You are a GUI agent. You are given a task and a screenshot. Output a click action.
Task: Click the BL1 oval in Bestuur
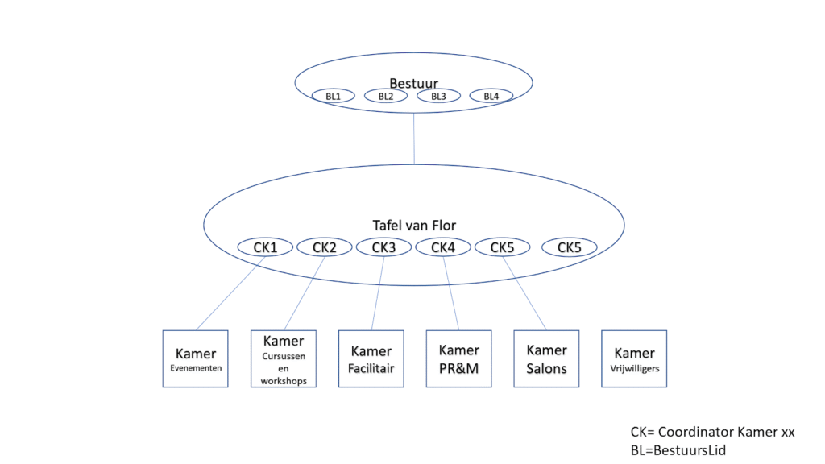[333, 96]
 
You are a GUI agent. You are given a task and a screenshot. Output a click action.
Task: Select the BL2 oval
[386, 96]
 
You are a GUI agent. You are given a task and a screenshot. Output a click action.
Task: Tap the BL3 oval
[438, 96]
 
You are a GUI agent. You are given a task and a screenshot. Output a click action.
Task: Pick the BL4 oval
[491, 96]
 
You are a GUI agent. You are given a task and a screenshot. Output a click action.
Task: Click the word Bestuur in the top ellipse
[413, 83]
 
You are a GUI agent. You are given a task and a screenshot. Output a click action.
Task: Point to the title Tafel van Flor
[413, 225]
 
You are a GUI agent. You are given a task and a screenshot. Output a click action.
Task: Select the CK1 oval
[265, 247]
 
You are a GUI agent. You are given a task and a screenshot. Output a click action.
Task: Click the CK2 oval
[324, 247]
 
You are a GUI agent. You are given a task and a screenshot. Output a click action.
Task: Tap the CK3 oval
[383, 247]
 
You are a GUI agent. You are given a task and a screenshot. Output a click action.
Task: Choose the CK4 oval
[443, 247]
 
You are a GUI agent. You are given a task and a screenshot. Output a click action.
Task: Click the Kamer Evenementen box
[195, 358]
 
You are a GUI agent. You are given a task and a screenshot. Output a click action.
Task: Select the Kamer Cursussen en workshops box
[283, 358]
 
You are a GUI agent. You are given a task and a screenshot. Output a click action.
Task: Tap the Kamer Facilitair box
[371, 358]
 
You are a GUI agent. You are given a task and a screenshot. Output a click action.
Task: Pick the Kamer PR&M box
[458, 358]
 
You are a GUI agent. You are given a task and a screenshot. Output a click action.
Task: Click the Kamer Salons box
[546, 358]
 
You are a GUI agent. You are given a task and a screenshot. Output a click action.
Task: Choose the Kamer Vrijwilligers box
[634, 358]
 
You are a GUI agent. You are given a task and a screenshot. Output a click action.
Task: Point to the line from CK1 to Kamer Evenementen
[230, 293]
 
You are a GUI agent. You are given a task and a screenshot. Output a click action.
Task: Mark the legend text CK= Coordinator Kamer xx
[712, 432]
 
